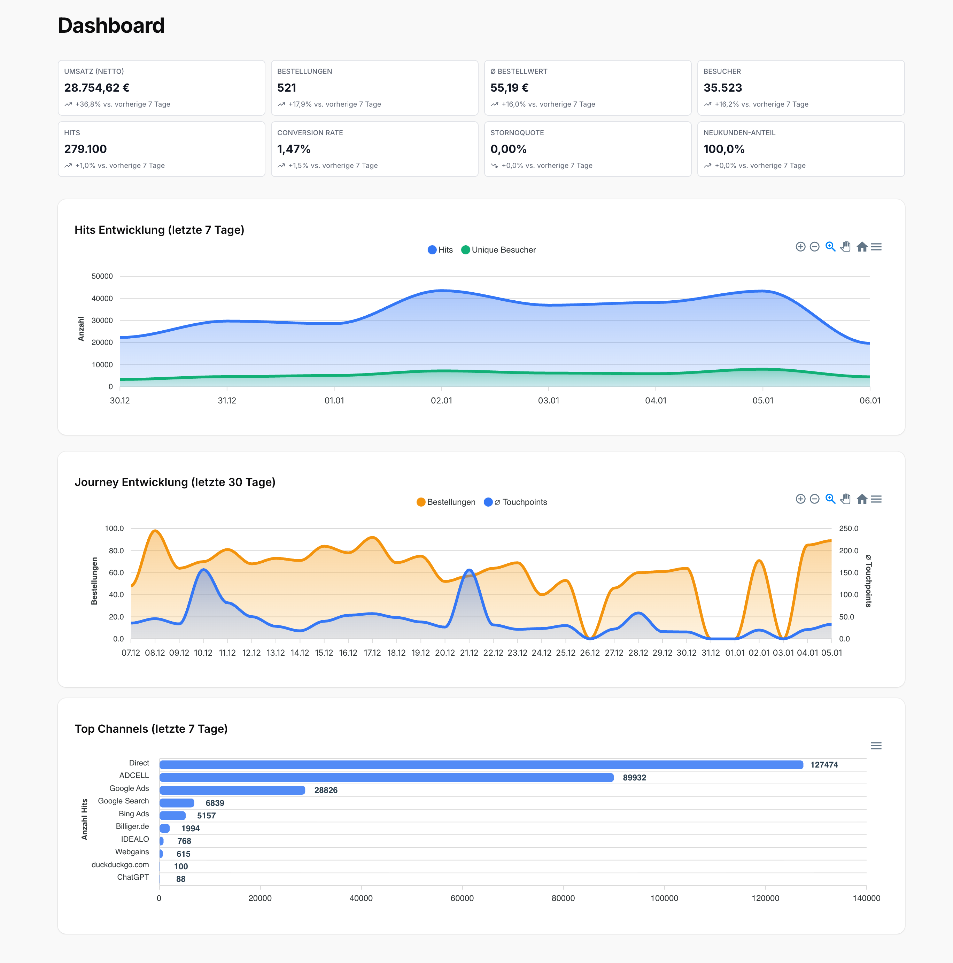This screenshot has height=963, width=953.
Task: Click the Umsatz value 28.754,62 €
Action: tap(97, 88)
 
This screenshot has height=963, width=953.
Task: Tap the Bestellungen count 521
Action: tap(287, 88)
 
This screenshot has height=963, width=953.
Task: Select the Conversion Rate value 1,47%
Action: tap(294, 149)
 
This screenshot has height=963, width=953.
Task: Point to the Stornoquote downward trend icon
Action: tap(495, 165)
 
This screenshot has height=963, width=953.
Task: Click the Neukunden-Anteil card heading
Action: tap(739, 133)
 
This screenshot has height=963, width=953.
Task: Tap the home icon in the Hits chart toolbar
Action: tap(862, 247)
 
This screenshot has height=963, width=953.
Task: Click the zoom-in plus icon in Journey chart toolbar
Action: tap(800, 499)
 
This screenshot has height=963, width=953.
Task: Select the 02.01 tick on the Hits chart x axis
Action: tap(441, 401)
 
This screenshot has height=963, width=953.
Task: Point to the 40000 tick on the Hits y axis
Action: tap(102, 299)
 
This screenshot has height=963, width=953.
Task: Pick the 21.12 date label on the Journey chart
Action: tap(468, 653)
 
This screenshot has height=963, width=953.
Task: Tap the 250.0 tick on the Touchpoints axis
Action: tap(848, 528)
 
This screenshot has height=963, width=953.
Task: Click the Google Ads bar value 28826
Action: tap(325, 790)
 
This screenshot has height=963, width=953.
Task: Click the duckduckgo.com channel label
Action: tap(120, 865)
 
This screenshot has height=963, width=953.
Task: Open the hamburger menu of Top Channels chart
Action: tap(876, 746)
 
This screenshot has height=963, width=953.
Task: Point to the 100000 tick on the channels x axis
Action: tap(664, 898)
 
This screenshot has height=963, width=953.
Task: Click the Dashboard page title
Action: tap(111, 25)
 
